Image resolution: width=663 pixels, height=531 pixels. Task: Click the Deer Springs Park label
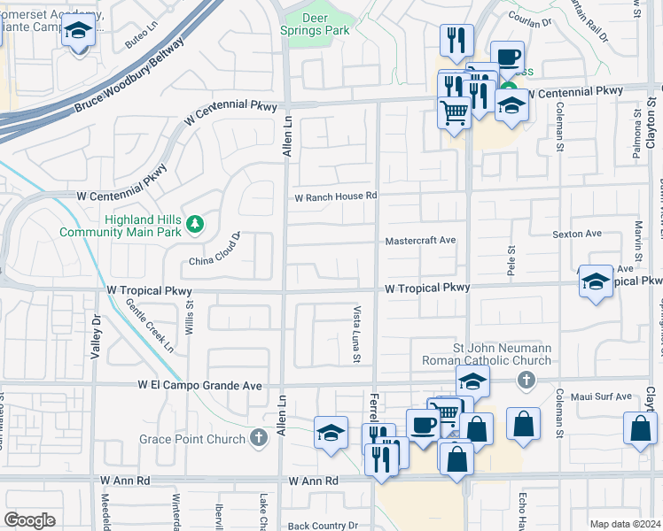coord(327,23)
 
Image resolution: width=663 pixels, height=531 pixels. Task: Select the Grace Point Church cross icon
coord(258,438)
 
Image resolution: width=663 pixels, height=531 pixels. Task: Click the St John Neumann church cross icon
coord(526,380)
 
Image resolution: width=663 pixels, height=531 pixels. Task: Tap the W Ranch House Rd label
coord(336,196)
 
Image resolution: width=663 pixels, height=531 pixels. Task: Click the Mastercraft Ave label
coord(420,241)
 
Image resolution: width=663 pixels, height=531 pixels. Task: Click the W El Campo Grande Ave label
coord(200,386)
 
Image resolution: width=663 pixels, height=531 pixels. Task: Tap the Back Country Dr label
coord(322,526)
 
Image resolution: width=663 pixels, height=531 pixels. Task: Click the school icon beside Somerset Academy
coord(78,33)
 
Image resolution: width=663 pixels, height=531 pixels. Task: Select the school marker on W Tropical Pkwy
coord(596,282)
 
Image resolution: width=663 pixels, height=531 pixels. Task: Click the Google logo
coord(29,519)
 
